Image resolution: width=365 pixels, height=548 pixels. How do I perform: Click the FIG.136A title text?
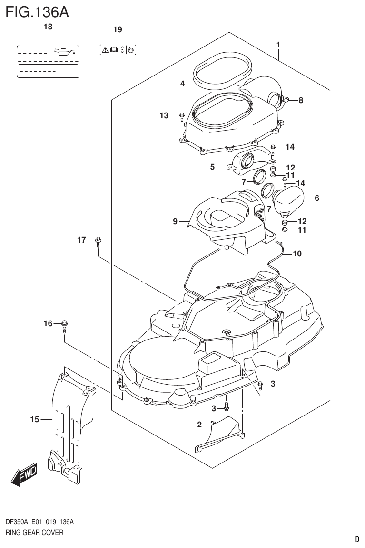click(37, 11)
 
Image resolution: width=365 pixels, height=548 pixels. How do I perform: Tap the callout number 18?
click(48, 28)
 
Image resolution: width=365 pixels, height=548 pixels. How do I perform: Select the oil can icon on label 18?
click(64, 52)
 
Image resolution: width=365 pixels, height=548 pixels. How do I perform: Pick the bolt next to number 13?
click(182, 116)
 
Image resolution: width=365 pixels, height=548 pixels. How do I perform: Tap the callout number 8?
click(301, 100)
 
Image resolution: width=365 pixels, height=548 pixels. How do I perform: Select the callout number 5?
click(213, 167)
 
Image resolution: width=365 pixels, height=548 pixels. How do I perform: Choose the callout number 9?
click(175, 221)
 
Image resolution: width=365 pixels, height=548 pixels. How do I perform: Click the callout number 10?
click(296, 254)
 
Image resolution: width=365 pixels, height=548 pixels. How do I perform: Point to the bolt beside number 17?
click(98, 242)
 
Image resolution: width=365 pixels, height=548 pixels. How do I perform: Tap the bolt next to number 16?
click(65, 326)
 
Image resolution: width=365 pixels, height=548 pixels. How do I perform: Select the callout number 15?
click(34, 419)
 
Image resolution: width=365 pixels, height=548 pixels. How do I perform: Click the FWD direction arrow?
click(24, 473)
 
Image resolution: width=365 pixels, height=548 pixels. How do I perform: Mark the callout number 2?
click(200, 425)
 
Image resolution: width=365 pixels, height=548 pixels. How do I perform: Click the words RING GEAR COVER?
click(34, 532)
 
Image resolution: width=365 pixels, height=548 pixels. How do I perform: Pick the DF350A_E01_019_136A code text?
click(39, 521)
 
